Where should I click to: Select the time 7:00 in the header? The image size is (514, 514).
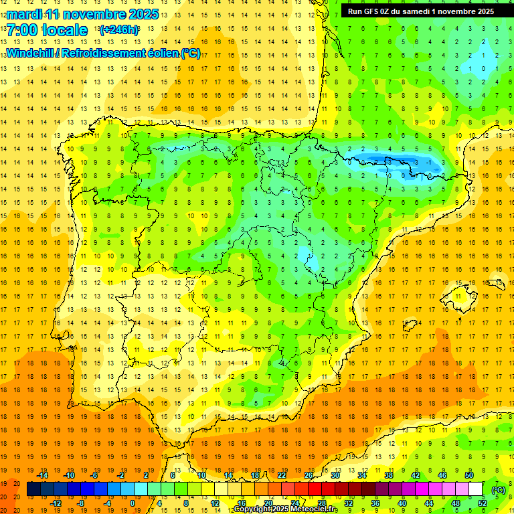point(22,30)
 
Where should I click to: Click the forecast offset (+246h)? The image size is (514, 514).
point(119,30)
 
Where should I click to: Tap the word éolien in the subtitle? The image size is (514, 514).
point(163,53)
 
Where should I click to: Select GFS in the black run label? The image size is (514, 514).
point(373,11)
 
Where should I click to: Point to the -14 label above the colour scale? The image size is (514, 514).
point(43,475)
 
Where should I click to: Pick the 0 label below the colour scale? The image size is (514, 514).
point(133,503)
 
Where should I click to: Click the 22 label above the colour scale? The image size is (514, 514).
point(282,475)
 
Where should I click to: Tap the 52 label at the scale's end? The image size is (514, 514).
point(483,503)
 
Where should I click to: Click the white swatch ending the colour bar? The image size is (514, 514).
point(476,489)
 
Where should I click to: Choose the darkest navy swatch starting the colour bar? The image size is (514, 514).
point(33,489)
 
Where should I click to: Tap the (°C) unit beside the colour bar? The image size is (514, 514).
point(499,489)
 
